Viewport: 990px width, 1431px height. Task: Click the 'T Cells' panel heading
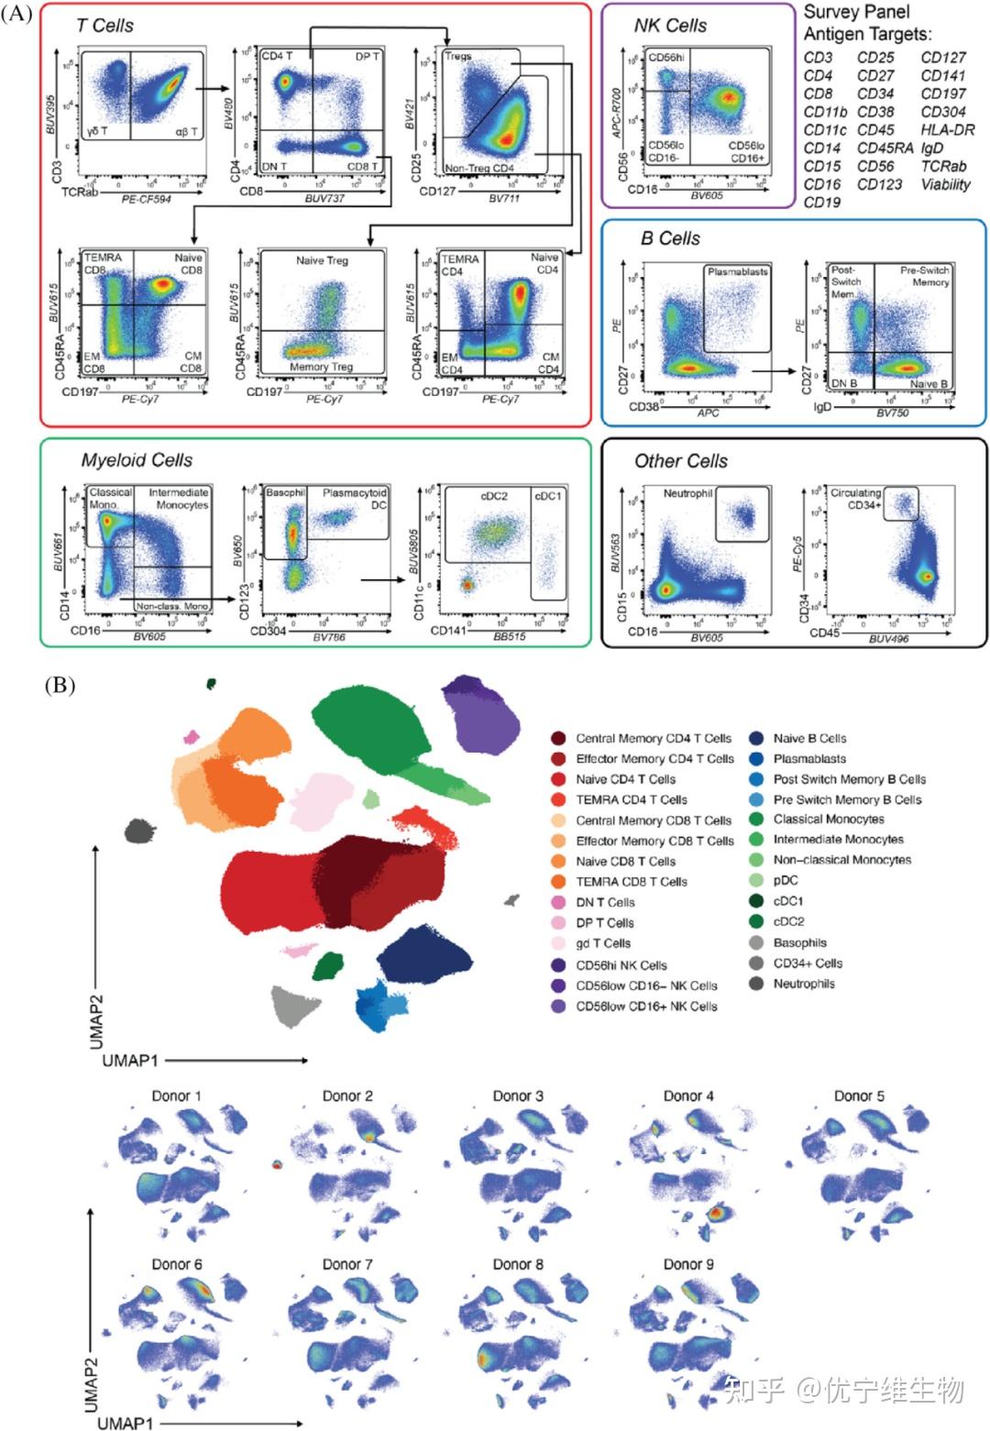104,26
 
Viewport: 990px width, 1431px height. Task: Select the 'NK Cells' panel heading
670,26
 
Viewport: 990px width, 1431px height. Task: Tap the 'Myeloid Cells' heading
137,460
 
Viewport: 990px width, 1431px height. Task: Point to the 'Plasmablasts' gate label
737,272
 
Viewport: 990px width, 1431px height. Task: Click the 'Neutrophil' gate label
687,493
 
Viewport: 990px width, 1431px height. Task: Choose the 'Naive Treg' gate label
322,260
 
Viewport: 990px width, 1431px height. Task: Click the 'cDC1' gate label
547,496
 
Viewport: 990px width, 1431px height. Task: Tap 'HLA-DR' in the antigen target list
948,130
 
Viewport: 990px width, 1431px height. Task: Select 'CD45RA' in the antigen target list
885,149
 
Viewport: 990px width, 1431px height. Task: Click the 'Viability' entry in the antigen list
945,184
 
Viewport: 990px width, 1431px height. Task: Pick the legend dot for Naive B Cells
756,738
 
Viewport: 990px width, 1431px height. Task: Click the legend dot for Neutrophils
756,984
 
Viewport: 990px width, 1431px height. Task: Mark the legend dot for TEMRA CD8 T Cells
558,882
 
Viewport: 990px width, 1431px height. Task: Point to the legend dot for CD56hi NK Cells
558,965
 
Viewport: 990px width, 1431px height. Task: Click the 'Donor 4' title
688,1095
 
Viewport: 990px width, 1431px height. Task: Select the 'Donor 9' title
688,1264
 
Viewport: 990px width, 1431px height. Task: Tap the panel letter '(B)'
60,685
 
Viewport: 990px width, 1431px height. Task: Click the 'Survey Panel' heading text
856,13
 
